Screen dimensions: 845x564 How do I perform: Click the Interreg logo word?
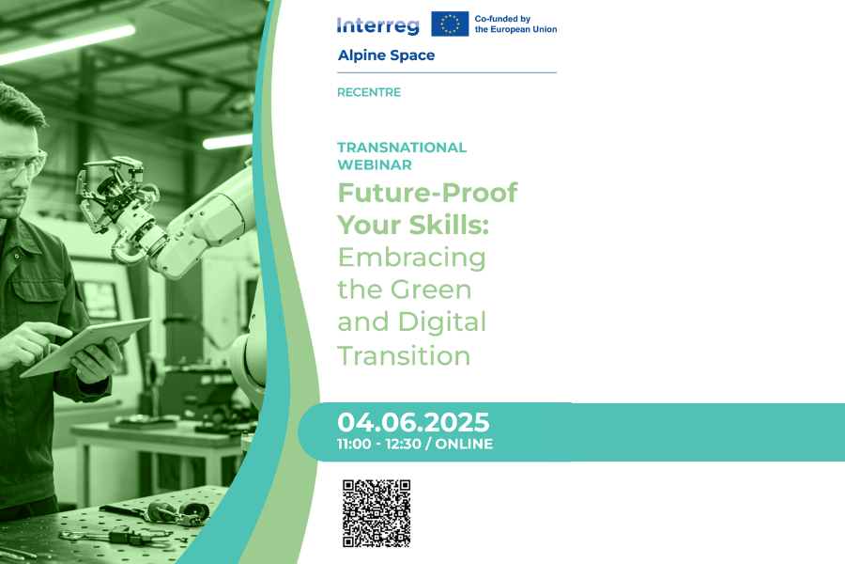pos(377,25)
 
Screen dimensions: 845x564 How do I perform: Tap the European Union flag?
pos(450,23)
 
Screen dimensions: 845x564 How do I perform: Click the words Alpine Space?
pos(386,55)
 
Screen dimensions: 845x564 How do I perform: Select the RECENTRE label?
pos(369,92)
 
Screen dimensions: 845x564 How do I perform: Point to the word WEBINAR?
pos(375,164)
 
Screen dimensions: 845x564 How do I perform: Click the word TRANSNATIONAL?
pos(402,148)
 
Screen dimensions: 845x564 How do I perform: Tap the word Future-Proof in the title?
pos(427,194)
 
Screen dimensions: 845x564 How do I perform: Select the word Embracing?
pos(412,258)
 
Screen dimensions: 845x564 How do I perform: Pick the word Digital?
pos(442,322)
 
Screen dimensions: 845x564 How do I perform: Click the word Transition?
pos(404,355)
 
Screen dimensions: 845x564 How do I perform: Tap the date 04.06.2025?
pos(413,422)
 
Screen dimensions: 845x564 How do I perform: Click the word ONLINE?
pos(464,445)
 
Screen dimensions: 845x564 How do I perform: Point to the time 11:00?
pos(354,445)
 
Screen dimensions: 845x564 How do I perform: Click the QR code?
pos(376,513)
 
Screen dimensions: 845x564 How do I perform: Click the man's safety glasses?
pos(21,164)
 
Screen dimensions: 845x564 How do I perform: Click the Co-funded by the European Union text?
pos(515,24)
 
